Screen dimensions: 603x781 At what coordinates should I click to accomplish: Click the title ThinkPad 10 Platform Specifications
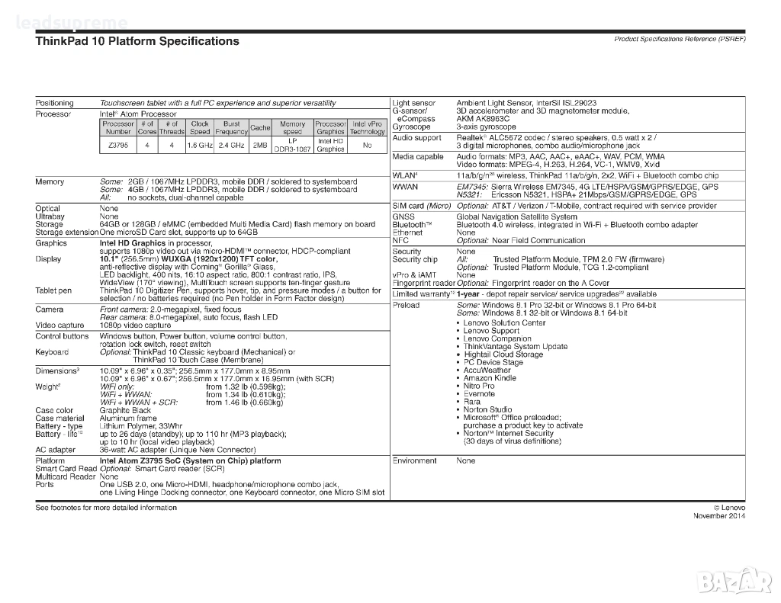point(137,41)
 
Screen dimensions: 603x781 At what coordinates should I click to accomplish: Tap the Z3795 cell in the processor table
point(118,145)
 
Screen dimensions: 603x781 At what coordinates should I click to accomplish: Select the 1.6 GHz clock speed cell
point(200,145)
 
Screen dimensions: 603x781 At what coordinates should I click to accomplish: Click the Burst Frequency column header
point(231,127)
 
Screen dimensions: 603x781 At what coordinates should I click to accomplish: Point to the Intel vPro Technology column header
point(368,127)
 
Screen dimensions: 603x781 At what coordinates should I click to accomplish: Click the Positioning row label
point(55,103)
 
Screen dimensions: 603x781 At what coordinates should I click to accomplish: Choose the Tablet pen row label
point(53,290)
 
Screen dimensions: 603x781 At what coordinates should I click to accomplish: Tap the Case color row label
point(55,410)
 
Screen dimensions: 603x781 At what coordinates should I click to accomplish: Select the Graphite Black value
point(125,410)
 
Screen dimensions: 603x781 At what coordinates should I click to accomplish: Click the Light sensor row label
point(413,103)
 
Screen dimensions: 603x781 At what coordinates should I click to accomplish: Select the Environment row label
point(415,461)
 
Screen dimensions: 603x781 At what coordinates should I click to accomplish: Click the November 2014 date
point(719,516)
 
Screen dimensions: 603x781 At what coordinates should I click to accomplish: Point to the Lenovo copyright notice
point(729,508)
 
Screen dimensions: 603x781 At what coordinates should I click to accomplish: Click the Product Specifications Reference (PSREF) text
point(680,39)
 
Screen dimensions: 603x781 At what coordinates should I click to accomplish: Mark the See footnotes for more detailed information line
point(106,508)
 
